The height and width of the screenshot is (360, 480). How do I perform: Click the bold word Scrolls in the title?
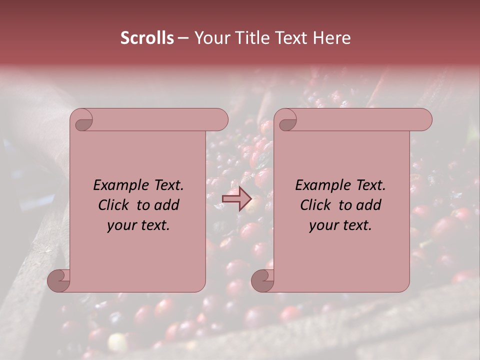coord(147,38)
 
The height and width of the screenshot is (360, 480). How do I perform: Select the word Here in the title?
coord(332,38)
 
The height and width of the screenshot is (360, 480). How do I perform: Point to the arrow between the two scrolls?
coord(236,199)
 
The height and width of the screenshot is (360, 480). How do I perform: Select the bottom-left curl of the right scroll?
coord(263,281)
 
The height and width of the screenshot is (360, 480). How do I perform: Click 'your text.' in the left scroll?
coord(138,225)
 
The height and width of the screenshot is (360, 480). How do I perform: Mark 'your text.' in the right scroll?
coord(340,225)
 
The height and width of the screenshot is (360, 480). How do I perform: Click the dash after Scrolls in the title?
coord(183,38)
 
